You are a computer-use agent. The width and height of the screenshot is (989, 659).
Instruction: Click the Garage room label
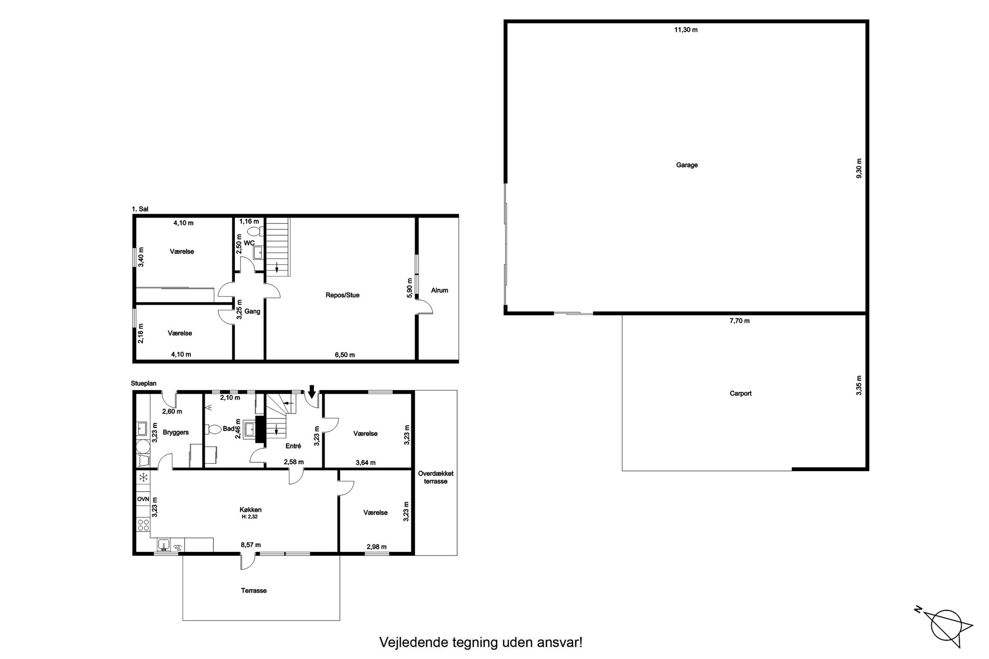[x=686, y=165]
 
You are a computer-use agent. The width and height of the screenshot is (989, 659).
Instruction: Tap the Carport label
[x=740, y=394]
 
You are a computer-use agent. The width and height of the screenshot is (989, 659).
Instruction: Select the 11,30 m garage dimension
[x=686, y=30]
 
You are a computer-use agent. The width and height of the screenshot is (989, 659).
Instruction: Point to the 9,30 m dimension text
[x=859, y=169]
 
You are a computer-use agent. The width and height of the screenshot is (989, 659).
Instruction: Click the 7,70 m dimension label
[x=740, y=321]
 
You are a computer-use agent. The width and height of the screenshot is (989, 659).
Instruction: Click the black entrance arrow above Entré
[x=312, y=392]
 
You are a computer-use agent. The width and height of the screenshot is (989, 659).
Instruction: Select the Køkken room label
[x=250, y=510]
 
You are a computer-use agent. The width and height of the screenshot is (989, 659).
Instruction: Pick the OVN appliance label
[x=143, y=499]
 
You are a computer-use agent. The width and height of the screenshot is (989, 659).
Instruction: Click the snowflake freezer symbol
[x=144, y=478]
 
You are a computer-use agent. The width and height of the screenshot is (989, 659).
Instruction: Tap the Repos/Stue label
[x=342, y=295]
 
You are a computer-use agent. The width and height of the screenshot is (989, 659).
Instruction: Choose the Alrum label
[x=440, y=290]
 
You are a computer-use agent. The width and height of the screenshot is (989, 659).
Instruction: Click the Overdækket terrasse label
[x=436, y=478]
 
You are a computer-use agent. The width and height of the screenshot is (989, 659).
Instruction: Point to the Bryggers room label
[x=175, y=432]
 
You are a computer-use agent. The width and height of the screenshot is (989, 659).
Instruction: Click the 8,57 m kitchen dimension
[x=251, y=545]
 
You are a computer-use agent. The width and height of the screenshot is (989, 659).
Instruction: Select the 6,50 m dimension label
[x=344, y=355]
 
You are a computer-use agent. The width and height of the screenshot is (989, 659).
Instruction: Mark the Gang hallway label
[x=253, y=312]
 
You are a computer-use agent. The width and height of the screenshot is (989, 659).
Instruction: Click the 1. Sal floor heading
[x=140, y=210]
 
